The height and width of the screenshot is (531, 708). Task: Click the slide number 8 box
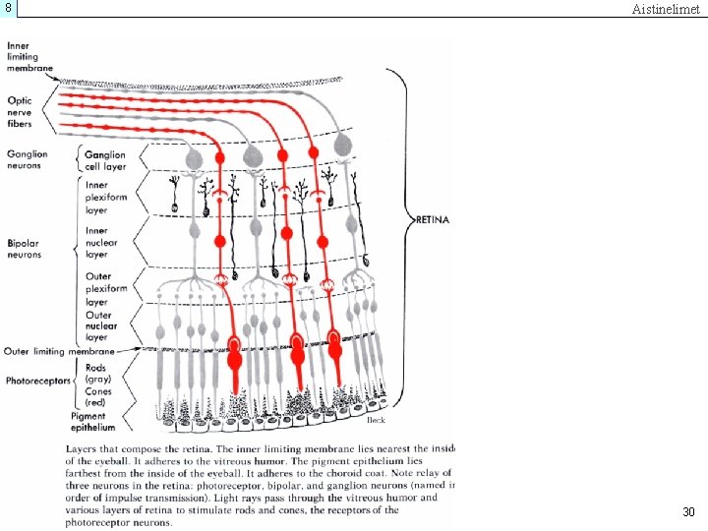pyautogui.click(x=8, y=8)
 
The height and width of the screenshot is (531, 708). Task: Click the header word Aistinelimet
pyautogui.click(x=665, y=9)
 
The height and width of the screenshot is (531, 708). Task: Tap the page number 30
pyautogui.click(x=688, y=511)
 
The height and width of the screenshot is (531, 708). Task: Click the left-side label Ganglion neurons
pyautogui.click(x=26, y=158)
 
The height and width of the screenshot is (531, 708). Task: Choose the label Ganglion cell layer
pyautogui.click(x=104, y=160)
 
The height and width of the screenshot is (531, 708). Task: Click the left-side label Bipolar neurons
pyautogui.click(x=24, y=249)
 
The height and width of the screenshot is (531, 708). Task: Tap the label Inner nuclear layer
pyautogui.click(x=102, y=242)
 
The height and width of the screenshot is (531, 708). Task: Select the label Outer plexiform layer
pyautogui.click(x=105, y=289)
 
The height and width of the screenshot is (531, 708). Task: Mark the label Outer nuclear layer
pyautogui.click(x=101, y=325)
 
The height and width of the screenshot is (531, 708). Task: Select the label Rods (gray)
pyautogui.click(x=97, y=374)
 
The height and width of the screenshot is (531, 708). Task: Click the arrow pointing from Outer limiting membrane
pyautogui.click(x=131, y=350)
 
